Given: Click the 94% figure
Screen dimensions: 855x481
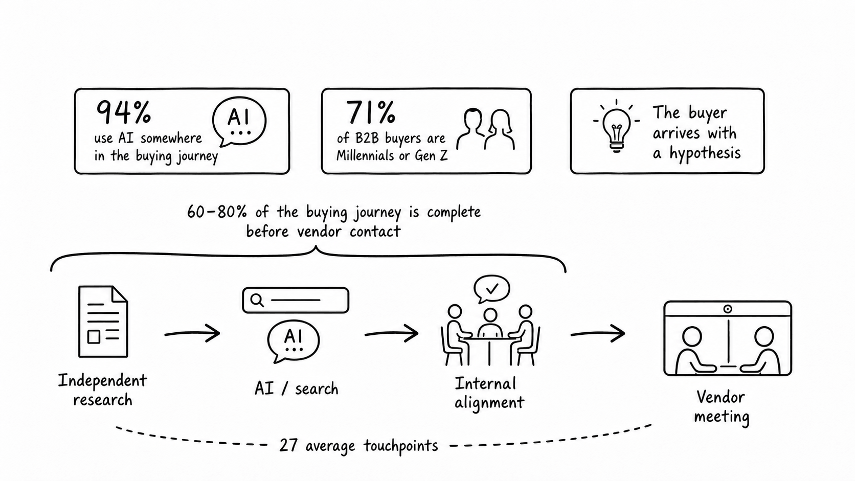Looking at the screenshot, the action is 123,112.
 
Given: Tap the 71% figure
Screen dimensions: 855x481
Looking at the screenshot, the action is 370,112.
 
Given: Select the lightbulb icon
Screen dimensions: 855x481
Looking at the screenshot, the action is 616,126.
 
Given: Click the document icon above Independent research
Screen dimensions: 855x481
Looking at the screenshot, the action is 103,322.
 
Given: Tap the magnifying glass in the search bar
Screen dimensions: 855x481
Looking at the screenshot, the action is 257,301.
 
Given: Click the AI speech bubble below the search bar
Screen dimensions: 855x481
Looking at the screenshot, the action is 293,341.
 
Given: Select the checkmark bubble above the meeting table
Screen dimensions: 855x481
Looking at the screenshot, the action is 491,289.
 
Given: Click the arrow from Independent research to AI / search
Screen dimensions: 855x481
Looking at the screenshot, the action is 192,333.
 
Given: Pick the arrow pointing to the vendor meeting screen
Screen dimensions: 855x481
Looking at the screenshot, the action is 598,333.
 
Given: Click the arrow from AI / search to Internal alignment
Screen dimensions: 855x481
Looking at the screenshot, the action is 392,333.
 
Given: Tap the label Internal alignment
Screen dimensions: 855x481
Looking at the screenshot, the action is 489,393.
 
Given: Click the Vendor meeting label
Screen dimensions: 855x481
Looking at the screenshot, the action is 722,407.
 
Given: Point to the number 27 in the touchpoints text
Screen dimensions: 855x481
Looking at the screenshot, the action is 288,446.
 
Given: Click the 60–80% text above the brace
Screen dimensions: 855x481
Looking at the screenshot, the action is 217,212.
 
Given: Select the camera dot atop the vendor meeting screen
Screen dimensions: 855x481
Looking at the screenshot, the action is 728,309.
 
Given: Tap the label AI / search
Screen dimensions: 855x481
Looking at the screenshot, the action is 297,388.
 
